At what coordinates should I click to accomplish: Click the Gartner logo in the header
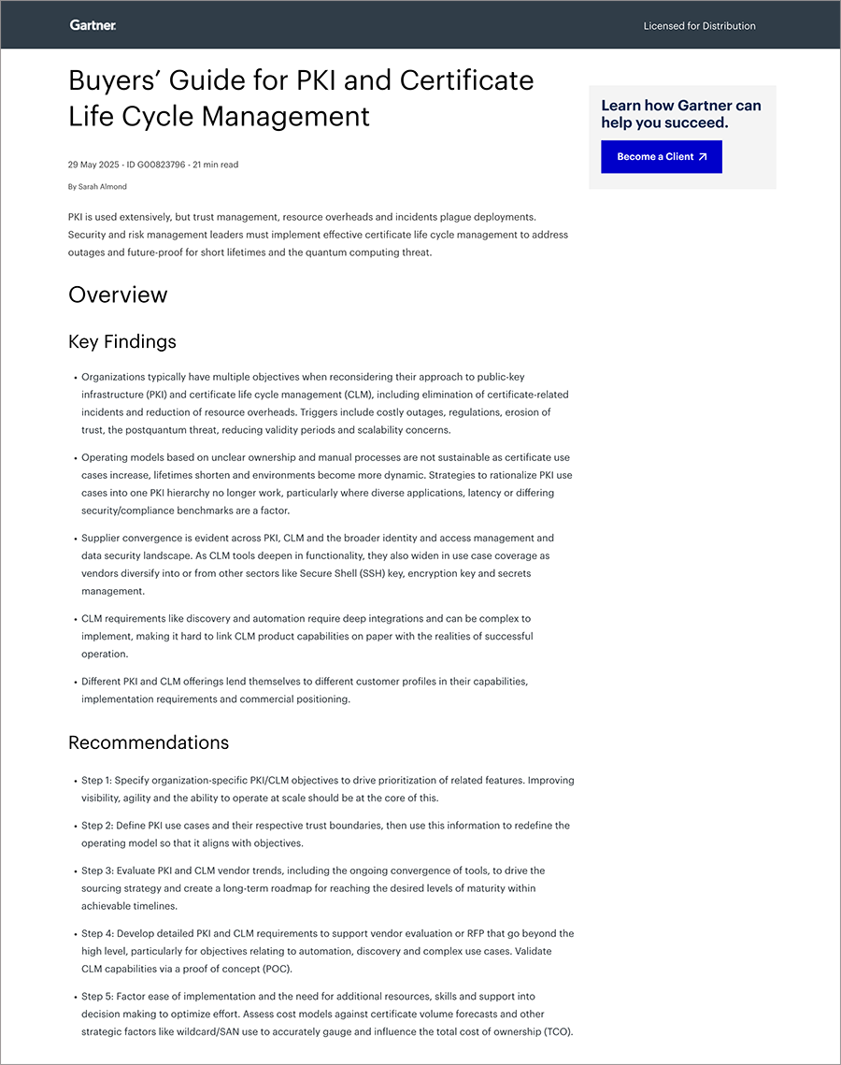pos(93,25)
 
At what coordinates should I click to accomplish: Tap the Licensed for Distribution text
pos(699,26)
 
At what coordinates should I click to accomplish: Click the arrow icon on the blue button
pos(703,157)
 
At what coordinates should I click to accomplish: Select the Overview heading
pos(118,295)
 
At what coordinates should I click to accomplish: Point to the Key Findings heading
pos(122,341)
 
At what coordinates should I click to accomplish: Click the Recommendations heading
pos(149,742)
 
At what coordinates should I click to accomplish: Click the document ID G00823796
pos(159,165)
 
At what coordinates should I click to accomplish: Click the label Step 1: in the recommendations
pos(97,781)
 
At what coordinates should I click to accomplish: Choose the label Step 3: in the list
pos(97,871)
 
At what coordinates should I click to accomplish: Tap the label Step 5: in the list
pos(97,997)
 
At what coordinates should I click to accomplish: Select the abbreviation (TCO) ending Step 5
pos(555,1031)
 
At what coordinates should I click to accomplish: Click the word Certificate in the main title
pos(466,80)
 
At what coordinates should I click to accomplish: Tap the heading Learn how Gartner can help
pos(681,114)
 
